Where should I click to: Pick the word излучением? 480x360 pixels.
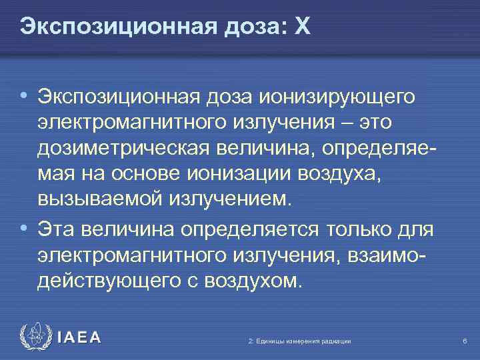point(230,198)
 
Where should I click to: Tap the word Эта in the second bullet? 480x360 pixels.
point(55,230)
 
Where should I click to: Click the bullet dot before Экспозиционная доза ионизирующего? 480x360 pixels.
point(23,95)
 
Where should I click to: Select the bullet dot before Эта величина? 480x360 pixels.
point(23,228)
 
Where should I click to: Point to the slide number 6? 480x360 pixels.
point(463,341)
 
